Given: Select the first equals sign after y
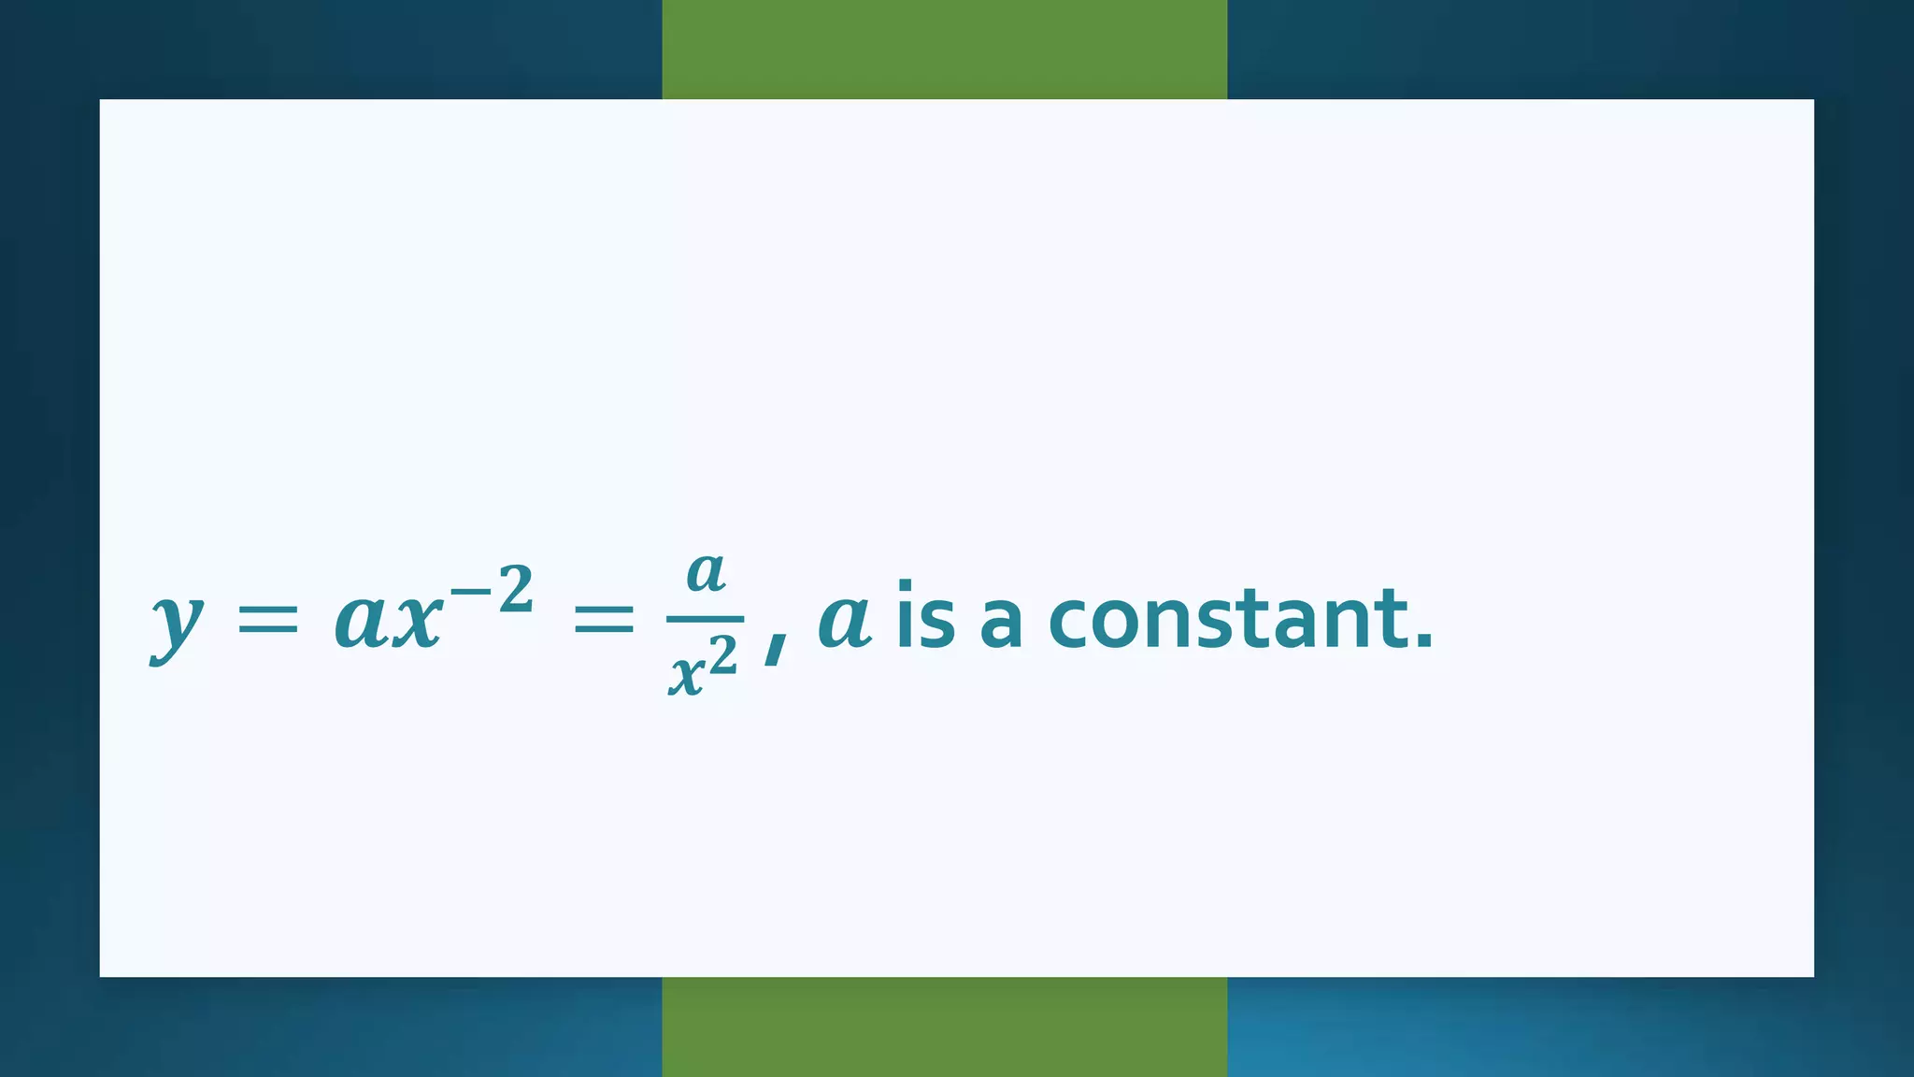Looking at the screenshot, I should (267, 620).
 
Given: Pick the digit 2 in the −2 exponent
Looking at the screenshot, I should (515, 590).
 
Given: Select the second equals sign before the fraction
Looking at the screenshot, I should (603, 620).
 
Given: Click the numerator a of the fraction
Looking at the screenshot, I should (706, 571).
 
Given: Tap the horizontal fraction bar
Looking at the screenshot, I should (706, 619).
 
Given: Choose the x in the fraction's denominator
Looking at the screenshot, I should (687, 673).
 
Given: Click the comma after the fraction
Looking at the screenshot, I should (775, 647).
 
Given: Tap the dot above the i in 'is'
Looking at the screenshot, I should (905, 586).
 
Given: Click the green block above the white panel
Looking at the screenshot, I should (944, 49).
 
